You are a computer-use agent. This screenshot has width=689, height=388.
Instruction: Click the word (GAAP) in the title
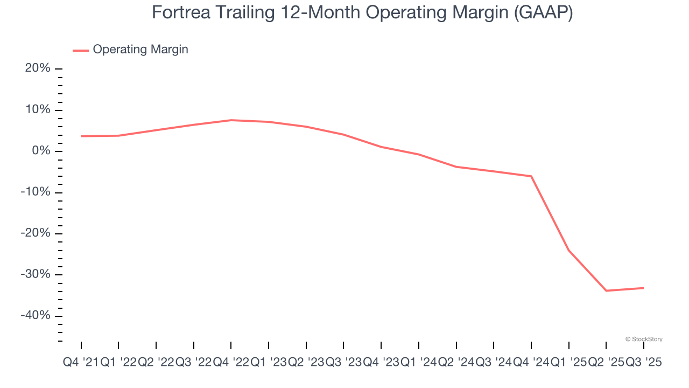543,12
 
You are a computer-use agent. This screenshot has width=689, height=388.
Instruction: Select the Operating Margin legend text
140,50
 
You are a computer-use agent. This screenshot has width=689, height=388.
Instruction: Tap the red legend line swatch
81,51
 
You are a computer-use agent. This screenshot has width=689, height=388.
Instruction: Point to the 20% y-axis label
38,68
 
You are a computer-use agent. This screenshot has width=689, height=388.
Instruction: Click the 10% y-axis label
38,110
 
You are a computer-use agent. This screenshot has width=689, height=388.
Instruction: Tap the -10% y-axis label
36,192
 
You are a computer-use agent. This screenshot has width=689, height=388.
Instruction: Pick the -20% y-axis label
36,233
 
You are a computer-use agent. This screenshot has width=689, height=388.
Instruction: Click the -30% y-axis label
36,274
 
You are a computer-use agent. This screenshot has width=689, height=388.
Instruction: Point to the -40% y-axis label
36,316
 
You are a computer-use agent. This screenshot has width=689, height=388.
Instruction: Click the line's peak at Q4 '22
231,120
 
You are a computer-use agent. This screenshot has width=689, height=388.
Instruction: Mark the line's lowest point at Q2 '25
606,291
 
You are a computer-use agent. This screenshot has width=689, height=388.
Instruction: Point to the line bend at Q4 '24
531,176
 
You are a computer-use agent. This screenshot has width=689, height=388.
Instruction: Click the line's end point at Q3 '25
643,288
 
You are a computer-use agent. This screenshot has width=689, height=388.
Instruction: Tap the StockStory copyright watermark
644,339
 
